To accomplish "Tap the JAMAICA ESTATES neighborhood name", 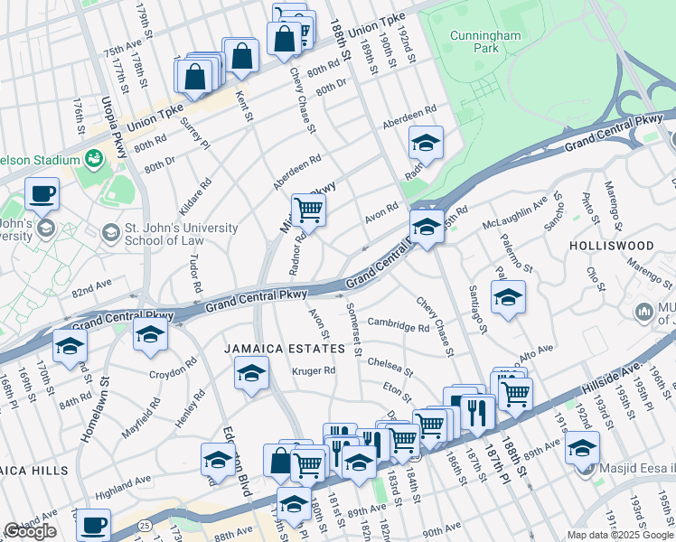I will click(286, 348).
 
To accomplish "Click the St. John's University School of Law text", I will click(169, 235).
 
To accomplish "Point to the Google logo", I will click(30, 531).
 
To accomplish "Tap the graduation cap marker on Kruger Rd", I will click(250, 372).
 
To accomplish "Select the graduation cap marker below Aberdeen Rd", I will click(427, 143).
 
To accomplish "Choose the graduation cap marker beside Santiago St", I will click(508, 297).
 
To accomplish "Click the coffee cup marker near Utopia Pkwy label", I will click(42, 192).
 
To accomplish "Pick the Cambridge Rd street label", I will click(398, 325).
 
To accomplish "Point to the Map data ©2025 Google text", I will click(619, 535).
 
